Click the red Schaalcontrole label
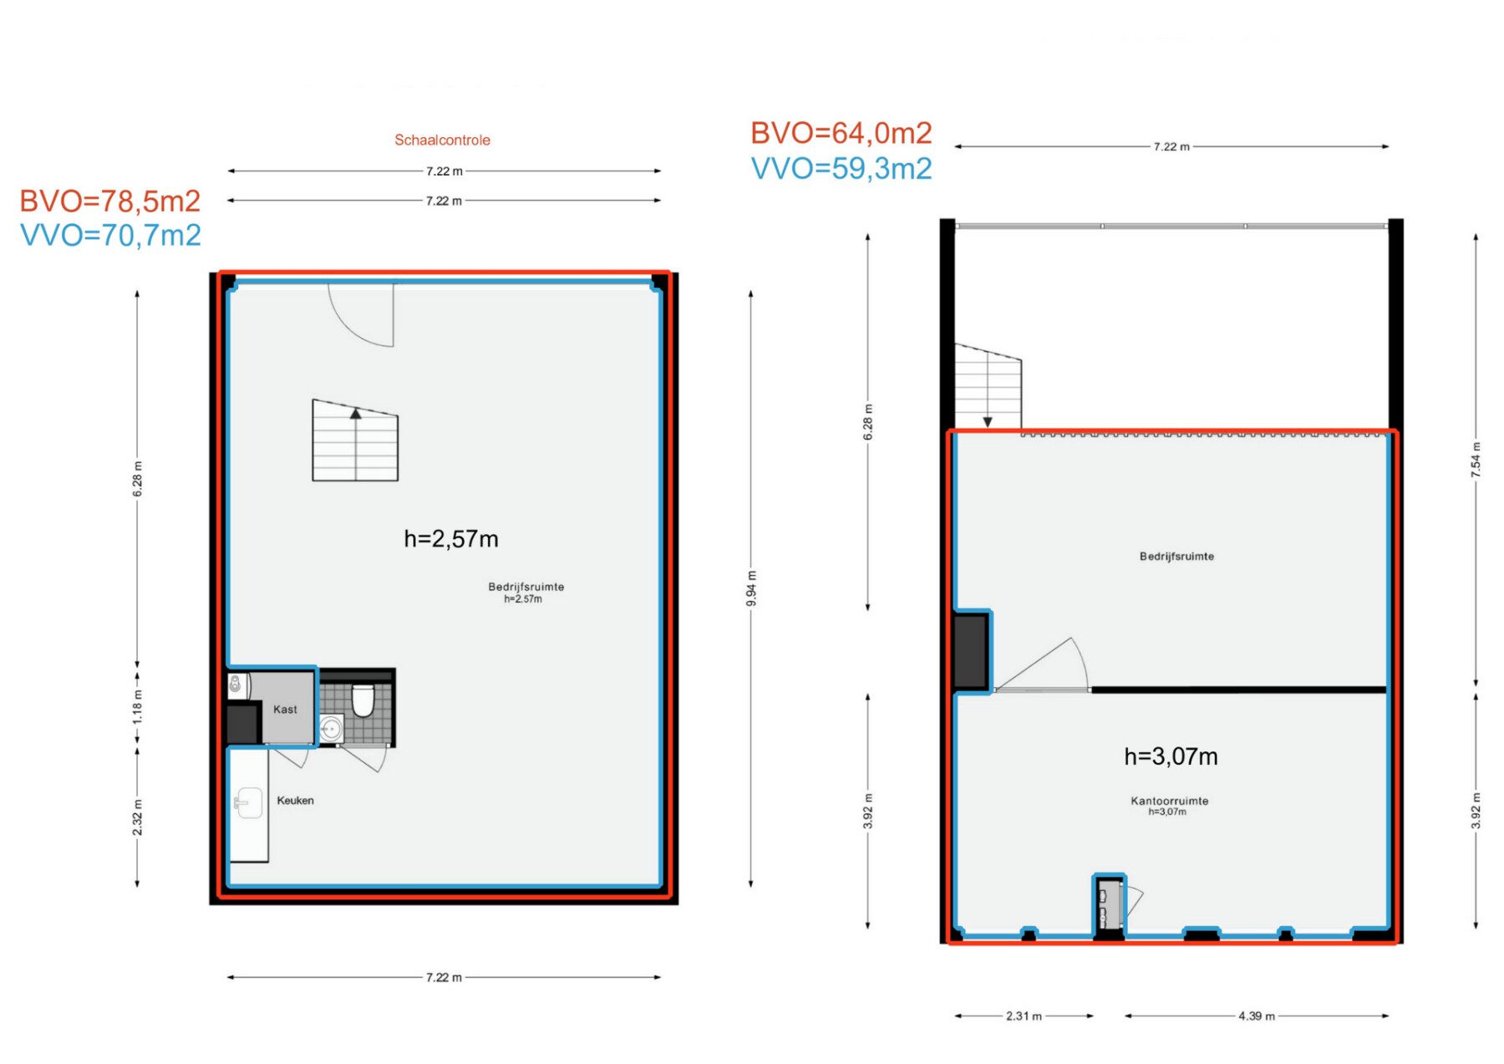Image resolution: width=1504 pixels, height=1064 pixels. [x=442, y=140]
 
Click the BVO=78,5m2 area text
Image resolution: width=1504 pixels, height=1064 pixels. [x=110, y=201]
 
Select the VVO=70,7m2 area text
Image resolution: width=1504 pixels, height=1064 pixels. [x=110, y=235]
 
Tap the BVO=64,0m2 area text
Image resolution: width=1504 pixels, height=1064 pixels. [x=841, y=133]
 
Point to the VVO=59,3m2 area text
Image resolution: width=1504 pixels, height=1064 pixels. [x=841, y=168]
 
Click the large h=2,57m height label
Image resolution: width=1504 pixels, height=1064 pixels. [x=451, y=539]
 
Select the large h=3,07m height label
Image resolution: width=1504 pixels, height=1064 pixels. [x=1171, y=756]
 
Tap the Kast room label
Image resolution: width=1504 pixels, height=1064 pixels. [x=285, y=710]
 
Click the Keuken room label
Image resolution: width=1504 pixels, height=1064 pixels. [x=295, y=800]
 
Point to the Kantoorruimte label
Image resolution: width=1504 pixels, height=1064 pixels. [x=1169, y=801]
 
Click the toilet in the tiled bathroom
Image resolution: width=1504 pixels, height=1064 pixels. [x=363, y=700]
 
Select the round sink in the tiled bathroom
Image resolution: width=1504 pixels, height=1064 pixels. [x=331, y=729]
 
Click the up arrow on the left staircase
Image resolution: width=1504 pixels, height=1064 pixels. [x=356, y=413]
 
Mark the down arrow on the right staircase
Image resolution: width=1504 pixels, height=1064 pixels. [x=988, y=422]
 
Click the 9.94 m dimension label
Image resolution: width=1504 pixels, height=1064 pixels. [x=751, y=588]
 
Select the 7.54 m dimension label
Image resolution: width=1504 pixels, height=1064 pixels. [x=1476, y=460]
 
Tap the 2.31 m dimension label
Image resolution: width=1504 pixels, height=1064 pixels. [x=1024, y=1016]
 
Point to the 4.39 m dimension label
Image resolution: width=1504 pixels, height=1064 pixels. [x=1257, y=1016]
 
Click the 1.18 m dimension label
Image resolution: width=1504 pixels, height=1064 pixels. [x=138, y=707]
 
